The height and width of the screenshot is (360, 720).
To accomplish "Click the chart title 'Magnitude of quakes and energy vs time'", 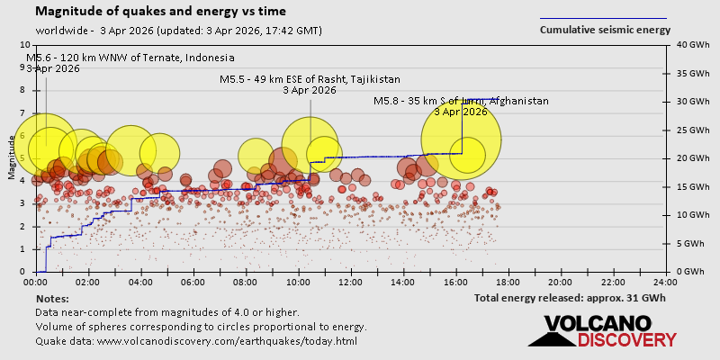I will click(161, 12).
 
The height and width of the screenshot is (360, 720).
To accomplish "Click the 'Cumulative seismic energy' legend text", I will click(604, 30).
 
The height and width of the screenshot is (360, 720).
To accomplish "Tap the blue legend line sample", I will click(603, 18).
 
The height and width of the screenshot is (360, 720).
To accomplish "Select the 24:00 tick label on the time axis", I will click(665, 282).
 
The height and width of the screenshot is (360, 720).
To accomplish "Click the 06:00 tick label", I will click(193, 282).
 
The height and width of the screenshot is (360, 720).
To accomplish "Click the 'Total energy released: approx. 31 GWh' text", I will click(569, 298).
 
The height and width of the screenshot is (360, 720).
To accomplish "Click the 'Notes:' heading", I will click(52, 298).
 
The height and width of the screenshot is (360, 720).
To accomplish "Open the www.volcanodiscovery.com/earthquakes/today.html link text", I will click(227, 341).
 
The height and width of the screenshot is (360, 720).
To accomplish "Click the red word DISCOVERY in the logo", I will click(627, 340).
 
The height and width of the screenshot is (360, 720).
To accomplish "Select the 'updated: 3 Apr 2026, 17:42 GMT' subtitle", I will click(239, 31).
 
